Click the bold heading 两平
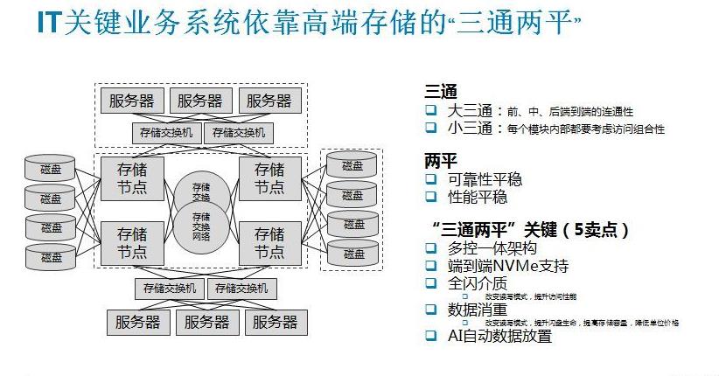440,162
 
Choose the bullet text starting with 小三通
555,129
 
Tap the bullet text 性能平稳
477,197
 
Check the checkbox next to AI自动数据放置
430,335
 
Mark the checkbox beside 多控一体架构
430,249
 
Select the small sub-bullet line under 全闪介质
525,296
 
